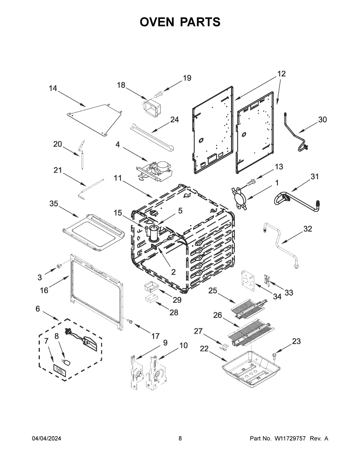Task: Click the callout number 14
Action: click(53, 88)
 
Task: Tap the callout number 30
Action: click(322, 119)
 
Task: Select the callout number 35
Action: click(54, 204)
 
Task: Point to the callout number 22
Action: click(204, 348)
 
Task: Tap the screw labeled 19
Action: click(158, 94)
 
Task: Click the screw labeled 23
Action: click(274, 356)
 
